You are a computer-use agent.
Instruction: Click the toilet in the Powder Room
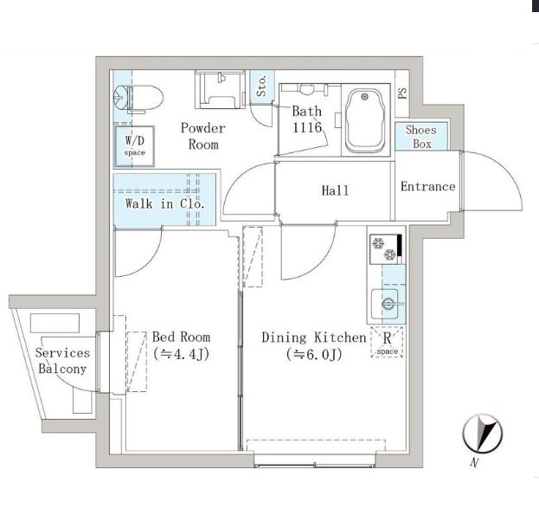[138, 99]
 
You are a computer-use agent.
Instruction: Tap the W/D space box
[134, 146]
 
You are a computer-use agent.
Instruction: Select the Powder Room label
[203, 136]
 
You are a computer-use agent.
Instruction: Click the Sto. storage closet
[262, 87]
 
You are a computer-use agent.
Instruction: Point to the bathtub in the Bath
[365, 120]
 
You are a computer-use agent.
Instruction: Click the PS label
[402, 93]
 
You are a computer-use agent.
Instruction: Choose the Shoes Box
[421, 137]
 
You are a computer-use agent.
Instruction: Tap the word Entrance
[428, 187]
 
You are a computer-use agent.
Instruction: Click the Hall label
[335, 190]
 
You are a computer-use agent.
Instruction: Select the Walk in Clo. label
[165, 203]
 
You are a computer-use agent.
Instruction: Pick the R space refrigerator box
[387, 342]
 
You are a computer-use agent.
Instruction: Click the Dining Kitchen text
[314, 338]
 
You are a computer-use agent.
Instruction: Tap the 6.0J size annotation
[314, 354]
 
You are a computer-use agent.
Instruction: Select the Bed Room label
[181, 337]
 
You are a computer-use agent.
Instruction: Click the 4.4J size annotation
[181, 353]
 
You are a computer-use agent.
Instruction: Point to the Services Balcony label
[62, 361]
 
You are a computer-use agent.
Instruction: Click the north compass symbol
[482, 434]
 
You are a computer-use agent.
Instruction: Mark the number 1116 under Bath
[307, 127]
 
